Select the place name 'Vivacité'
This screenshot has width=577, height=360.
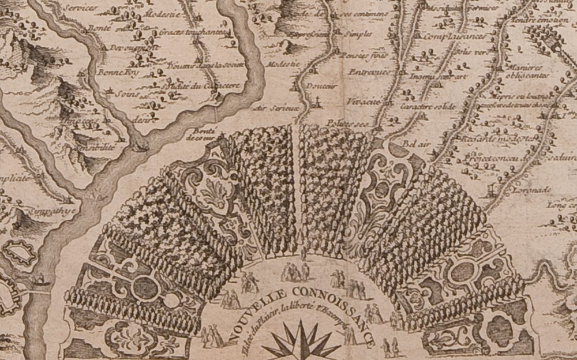pyautogui.click(x=362, y=102)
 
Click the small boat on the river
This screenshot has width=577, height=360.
pyautogui.click(x=42, y=282)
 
